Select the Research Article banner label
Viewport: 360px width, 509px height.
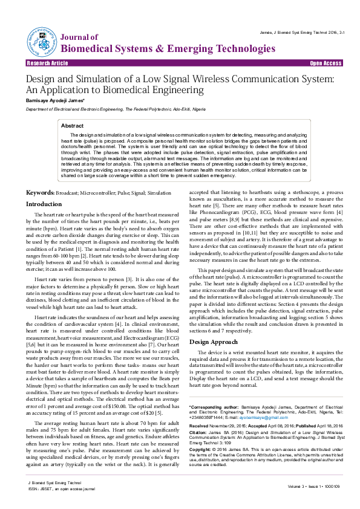click(47, 63)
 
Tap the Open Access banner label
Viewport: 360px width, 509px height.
click(326, 63)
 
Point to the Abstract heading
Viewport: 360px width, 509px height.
click(72, 126)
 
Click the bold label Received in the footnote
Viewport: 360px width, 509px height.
click(202, 409)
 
